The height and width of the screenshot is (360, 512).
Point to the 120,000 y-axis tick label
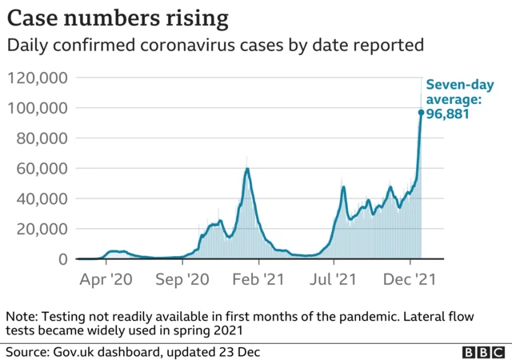[x=39, y=78]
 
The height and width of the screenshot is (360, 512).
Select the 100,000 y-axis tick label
[x=39, y=108]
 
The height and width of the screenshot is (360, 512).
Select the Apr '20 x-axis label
[x=106, y=280]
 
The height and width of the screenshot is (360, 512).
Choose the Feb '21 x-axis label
[x=257, y=280]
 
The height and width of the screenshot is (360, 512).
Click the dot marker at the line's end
[x=421, y=112]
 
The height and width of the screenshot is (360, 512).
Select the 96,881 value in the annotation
[x=446, y=114]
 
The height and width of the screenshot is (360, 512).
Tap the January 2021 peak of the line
[x=248, y=169]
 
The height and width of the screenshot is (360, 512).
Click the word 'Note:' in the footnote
[x=22, y=317]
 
